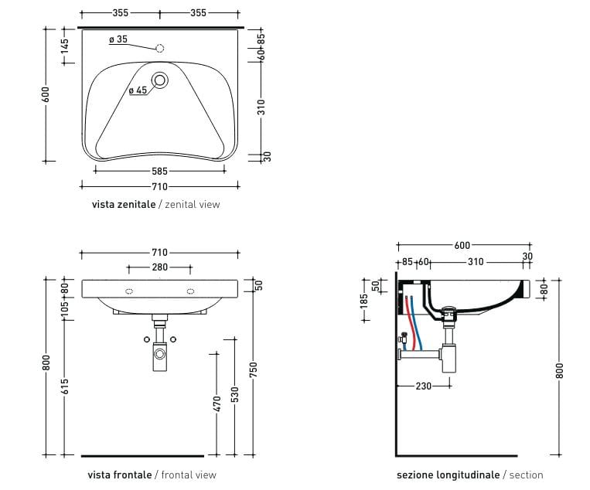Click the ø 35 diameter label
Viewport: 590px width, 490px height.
[x=118, y=39]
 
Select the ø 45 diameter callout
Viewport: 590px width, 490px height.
[x=138, y=90]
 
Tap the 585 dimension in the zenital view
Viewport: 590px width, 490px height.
[x=159, y=171]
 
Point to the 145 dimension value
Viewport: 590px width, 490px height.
[x=65, y=46]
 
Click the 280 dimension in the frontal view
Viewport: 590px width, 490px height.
[x=159, y=267]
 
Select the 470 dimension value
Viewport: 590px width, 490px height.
[x=217, y=403]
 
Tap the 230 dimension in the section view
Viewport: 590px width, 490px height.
[x=423, y=386]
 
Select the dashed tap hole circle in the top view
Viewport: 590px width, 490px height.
[x=160, y=48]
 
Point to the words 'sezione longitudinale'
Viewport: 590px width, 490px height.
[x=448, y=475]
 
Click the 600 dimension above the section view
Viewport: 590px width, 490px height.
[x=462, y=246]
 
